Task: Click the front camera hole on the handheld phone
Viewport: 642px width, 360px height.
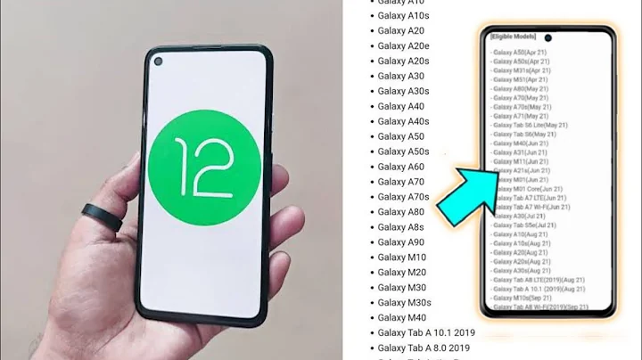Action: (159, 61)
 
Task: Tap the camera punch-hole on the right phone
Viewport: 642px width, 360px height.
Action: (548, 38)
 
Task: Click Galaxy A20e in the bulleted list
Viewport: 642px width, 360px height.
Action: (403, 45)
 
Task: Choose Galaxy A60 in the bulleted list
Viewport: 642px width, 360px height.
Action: (400, 167)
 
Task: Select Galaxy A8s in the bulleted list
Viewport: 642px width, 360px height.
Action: (401, 227)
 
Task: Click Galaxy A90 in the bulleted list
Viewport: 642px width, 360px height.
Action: (400, 242)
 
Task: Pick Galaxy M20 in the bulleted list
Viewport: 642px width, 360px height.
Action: (401, 273)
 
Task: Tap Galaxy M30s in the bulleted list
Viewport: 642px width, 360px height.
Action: (404, 303)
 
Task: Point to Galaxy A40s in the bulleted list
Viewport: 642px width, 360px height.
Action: (403, 121)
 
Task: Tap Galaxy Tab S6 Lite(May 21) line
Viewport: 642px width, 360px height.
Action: (530, 125)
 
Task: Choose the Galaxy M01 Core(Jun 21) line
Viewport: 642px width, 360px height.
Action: (527, 189)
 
